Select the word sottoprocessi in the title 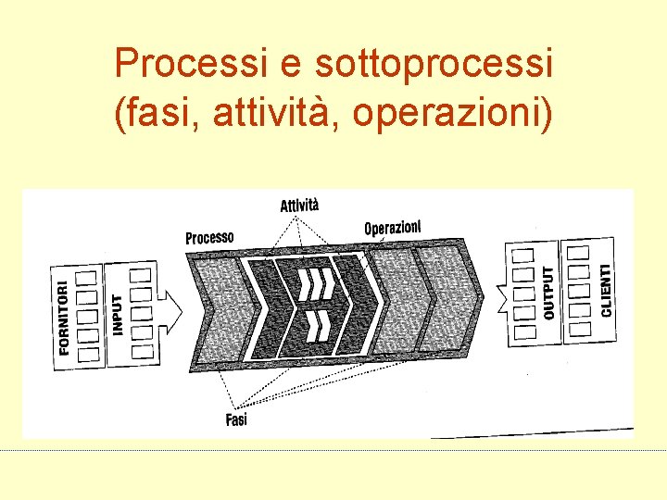pyautogui.click(x=434, y=64)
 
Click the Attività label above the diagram pyautogui.click(x=299, y=205)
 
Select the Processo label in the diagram pyautogui.click(x=209, y=237)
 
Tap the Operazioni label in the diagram pyautogui.click(x=393, y=227)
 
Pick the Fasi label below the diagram pyautogui.click(x=236, y=419)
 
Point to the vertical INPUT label pyautogui.click(x=118, y=314)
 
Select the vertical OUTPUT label pyautogui.click(x=548, y=293)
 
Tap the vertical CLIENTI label pyautogui.click(x=605, y=289)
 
